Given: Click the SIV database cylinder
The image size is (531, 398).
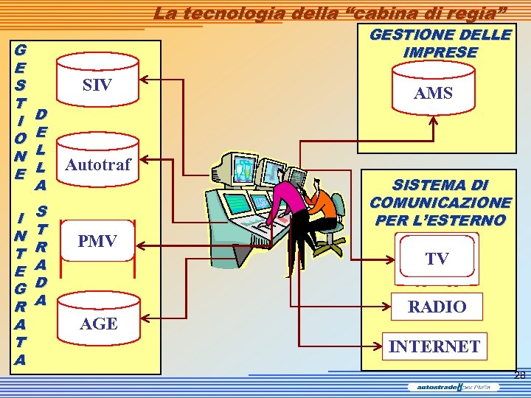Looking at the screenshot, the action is pyautogui.click(x=97, y=85).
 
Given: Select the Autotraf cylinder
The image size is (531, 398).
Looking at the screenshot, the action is pyautogui.click(x=97, y=164).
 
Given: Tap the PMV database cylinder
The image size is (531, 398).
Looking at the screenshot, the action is pyautogui.click(x=97, y=241).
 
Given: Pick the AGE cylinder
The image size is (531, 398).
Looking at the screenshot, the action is pyautogui.click(x=97, y=322).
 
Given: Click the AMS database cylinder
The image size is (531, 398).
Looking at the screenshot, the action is pyautogui.click(x=433, y=92).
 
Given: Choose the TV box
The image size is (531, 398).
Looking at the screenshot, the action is pyautogui.click(x=436, y=259).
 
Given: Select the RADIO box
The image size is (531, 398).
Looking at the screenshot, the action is pyautogui.click(x=437, y=307).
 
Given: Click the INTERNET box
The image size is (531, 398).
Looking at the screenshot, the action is pyautogui.click(x=434, y=346).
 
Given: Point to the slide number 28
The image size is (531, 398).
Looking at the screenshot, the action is pyautogui.click(x=520, y=376).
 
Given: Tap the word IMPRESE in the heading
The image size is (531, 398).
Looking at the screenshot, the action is pyautogui.click(x=440, y=52).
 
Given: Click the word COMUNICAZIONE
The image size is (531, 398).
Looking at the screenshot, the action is pyautogui.click(x=440, y=203).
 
